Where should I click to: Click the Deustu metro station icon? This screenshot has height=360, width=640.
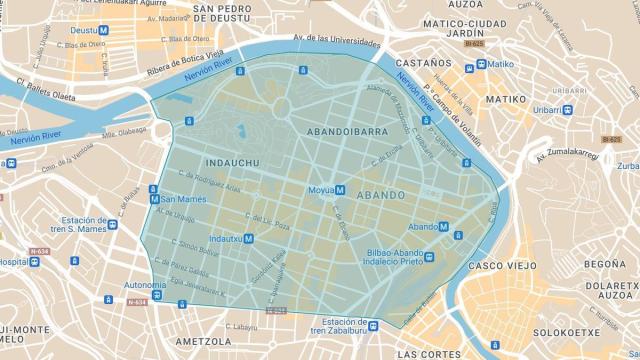[104, 30]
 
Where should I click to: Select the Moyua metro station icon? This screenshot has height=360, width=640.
[340, 189]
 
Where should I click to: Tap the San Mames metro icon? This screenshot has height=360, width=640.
[154, 199]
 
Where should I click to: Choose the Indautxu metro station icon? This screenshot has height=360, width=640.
[249, 239]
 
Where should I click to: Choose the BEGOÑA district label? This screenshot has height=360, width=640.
[603, 264]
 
